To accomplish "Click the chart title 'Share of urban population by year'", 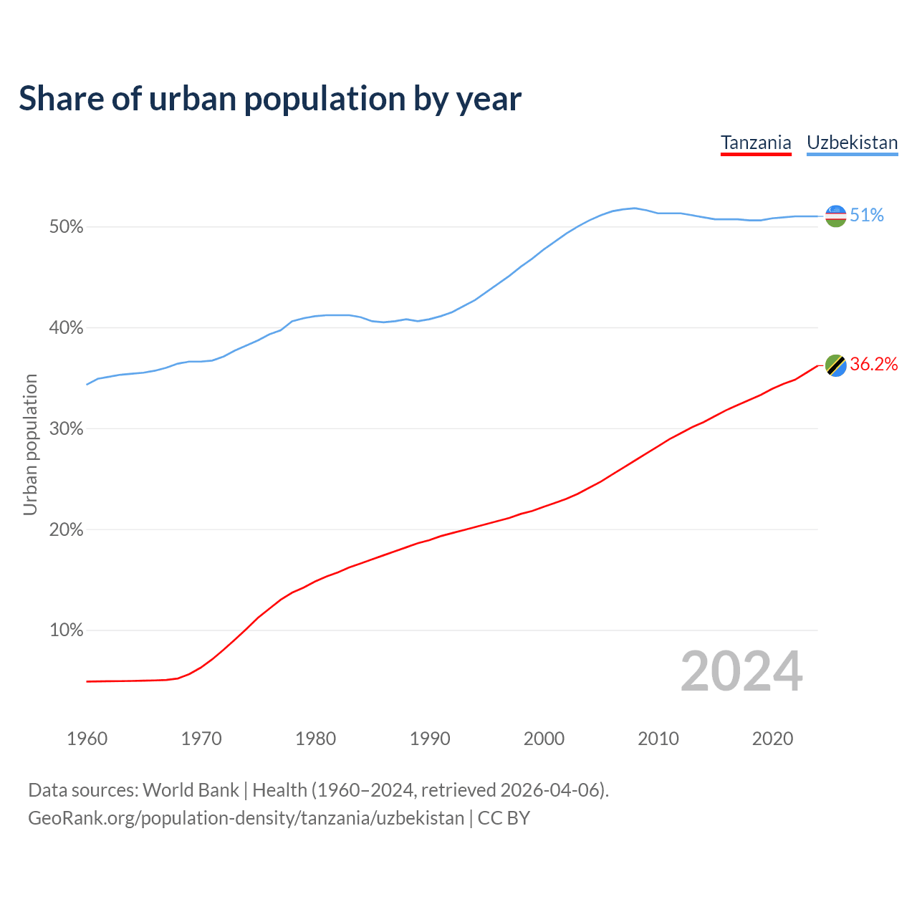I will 270,99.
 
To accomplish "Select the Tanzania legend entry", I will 756,143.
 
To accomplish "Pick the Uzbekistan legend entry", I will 852,143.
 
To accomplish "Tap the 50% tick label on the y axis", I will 66,227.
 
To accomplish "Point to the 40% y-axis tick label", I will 66,328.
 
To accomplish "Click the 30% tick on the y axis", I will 66,429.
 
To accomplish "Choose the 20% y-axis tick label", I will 66,530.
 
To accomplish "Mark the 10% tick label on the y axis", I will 66,630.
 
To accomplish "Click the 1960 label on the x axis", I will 87,739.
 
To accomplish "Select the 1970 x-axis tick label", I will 201,739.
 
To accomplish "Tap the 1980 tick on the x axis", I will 315,739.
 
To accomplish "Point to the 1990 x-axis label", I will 430,739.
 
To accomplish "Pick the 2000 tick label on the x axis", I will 544,739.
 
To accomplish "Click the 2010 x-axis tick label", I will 658,739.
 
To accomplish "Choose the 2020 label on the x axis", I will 772,739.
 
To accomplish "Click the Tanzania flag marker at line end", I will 836,365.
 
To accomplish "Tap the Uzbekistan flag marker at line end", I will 836,216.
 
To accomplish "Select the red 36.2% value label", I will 874,365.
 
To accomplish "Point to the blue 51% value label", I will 867,216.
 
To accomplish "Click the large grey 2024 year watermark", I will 741,672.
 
